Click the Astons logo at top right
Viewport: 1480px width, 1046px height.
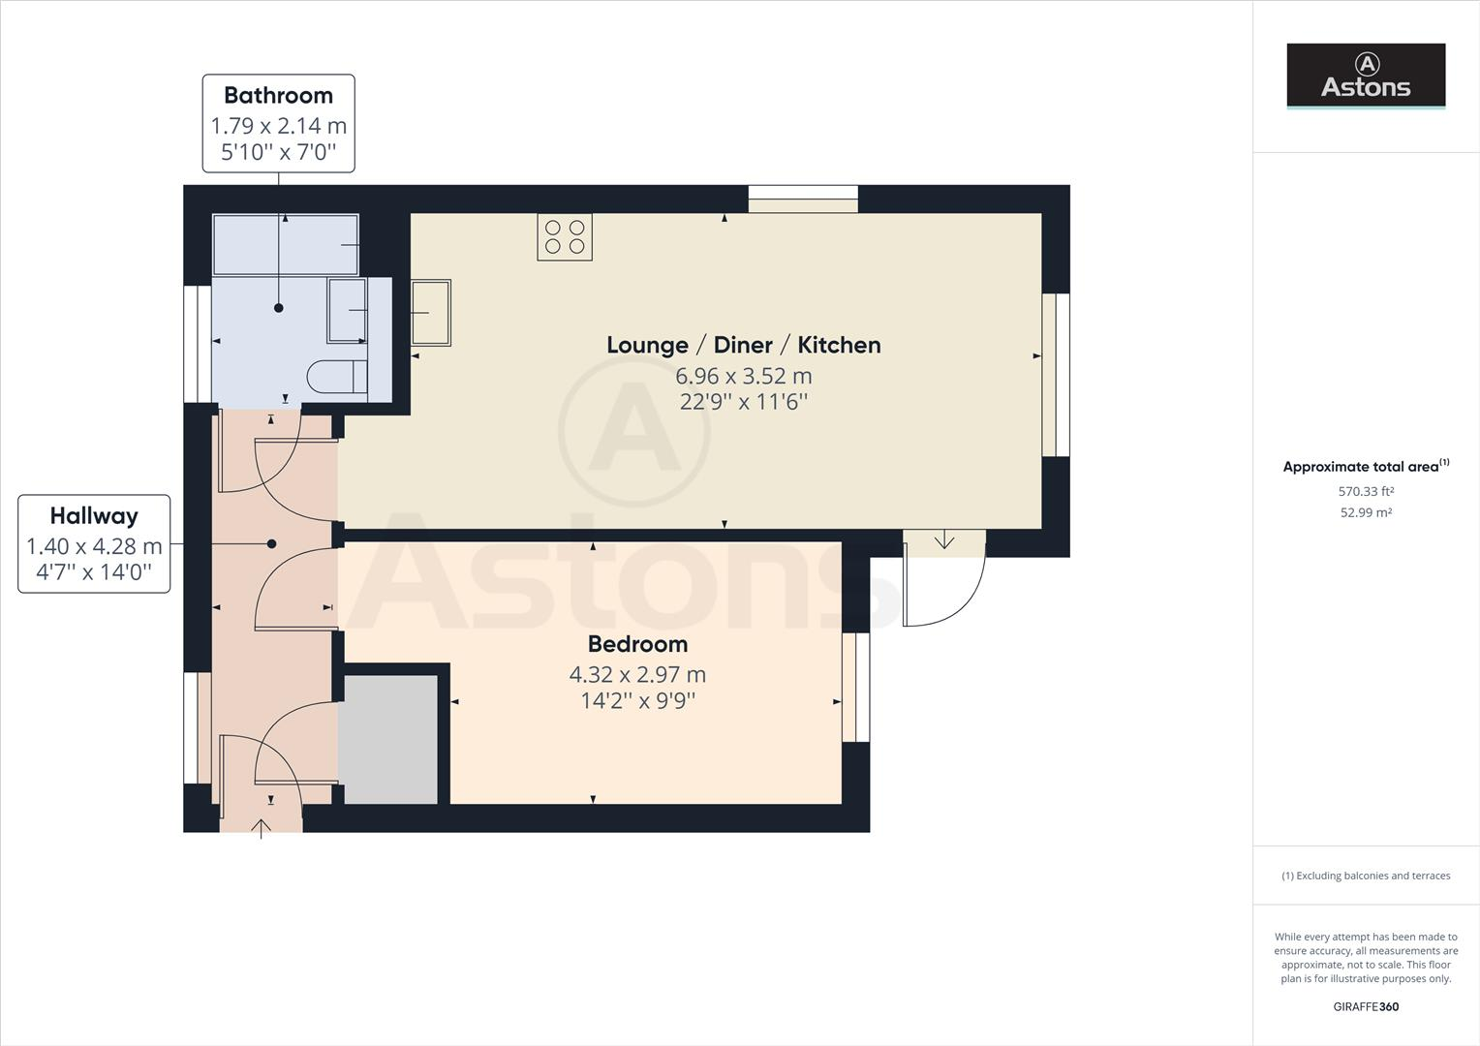click(1366, 75)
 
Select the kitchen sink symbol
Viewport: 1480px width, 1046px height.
click(431, 312)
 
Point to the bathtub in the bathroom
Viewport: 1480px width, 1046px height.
click(286, 244)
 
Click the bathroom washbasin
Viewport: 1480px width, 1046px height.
click(347, 310)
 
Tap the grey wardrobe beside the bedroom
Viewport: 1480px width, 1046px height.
click(389, 740)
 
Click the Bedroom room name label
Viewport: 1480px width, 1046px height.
click(637, 644)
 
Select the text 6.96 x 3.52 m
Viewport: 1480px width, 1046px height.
click(743, 376)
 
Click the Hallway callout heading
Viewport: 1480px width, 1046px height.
click(94, 516)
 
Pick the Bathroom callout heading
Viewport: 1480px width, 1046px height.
click(278, 96)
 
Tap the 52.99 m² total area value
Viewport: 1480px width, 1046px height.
click(1366, 513)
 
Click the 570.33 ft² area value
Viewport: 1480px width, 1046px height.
click(1366, 492)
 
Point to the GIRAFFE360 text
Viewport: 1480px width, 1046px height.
click(1366, 1006)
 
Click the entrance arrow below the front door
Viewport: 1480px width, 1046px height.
click(261, 829)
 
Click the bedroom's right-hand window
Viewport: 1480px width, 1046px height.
click(855, 687)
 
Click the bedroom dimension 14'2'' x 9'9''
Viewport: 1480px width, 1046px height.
click(637, 700)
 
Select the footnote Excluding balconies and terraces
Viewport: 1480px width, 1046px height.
click(1366, 876)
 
